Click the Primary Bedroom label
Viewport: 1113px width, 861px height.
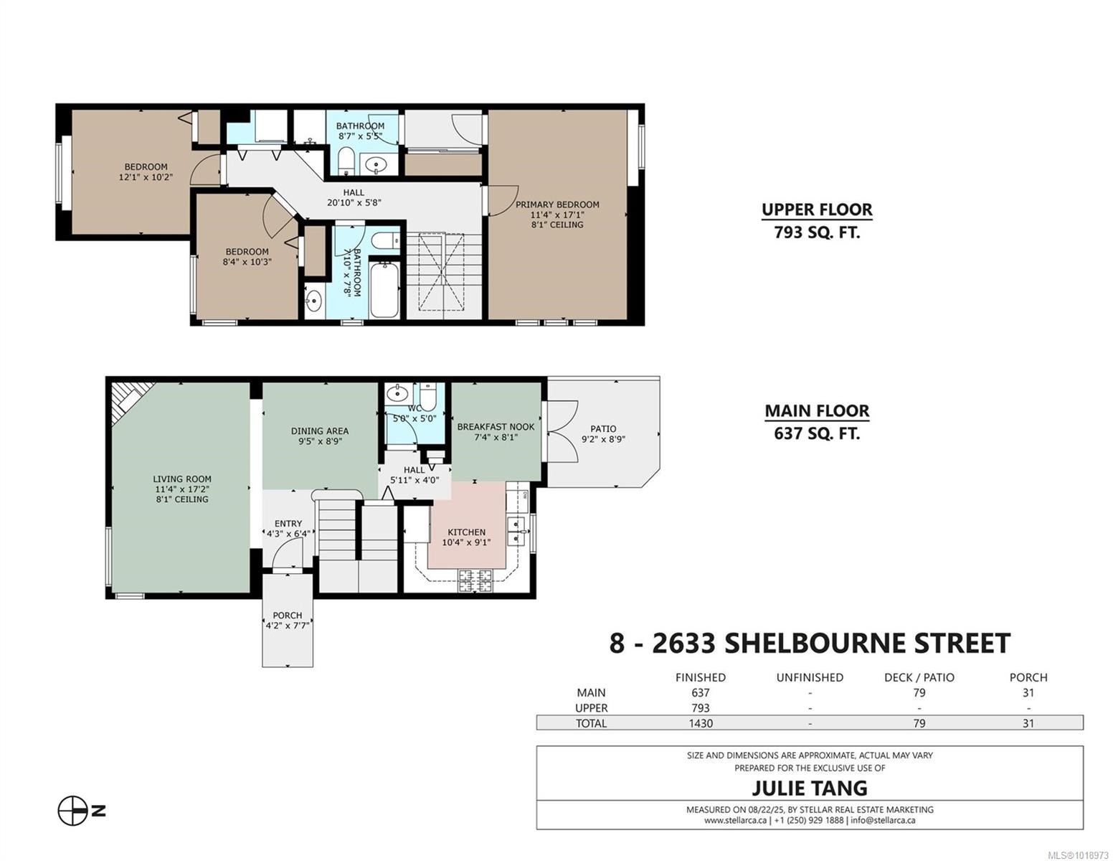pyautogui.click(x=557, y=204)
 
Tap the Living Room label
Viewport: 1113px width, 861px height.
pyautogui.click(x=182, y=479)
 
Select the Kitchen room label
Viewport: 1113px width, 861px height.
pyautogui.click(x=466, y=532)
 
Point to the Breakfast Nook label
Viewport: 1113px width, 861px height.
pyautogui.click(x=496, y=427)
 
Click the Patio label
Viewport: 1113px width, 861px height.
pyautogui.click(x=603, y=429)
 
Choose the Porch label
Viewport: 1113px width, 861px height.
pyautogui.click(x=287, y=616)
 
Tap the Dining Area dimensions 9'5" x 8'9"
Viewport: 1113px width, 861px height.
pyautogui.click(x=320, y=441)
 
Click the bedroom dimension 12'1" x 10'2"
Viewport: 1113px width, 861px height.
pyautogui.click(x=146, y=177)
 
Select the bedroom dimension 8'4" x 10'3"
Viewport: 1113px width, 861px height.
pyautogui.click(x=247, y=262)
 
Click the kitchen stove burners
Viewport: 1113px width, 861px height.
pyautogui.click(x=475, y=580)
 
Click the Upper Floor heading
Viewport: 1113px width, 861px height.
pyautogui.click(x=816, y=210)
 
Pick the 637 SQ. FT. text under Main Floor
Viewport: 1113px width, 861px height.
pyautogui.click(x=816, y=433)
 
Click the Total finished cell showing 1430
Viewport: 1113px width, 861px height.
pyautogui.click(x=700, y=723)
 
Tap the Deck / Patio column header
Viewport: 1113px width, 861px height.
pyautogui.click(x=919, y=677)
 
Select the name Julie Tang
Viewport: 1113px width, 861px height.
pyautogui.click(x=809, y=788)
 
